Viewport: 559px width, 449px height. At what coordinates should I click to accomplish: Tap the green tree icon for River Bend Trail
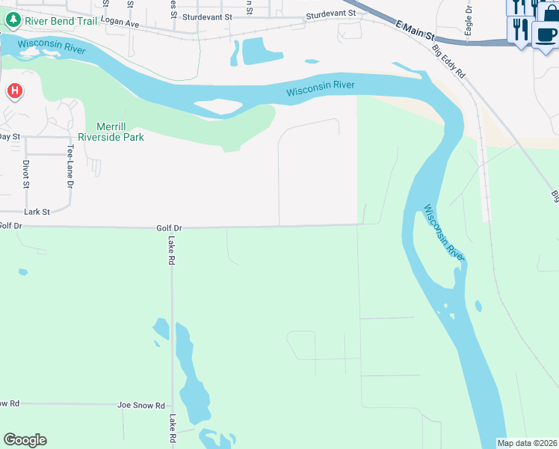13,20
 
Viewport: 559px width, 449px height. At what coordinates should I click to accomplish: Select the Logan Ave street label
120,24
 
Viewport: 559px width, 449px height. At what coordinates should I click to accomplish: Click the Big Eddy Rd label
449,64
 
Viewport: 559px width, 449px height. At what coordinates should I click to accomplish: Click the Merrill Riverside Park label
109,132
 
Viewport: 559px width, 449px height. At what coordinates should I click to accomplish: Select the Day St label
9,136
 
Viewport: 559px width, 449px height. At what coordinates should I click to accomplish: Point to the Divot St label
26,174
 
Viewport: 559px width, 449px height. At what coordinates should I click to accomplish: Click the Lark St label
36,212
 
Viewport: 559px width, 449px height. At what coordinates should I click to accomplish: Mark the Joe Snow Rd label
141,405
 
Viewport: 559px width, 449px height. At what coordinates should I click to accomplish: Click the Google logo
25,440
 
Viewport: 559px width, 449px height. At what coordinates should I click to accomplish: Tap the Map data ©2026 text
528,443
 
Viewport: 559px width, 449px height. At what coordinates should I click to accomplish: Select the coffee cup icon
546,34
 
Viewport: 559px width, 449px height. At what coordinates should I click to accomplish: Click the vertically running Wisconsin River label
444,232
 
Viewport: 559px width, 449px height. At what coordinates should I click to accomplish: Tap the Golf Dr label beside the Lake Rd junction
170,227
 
